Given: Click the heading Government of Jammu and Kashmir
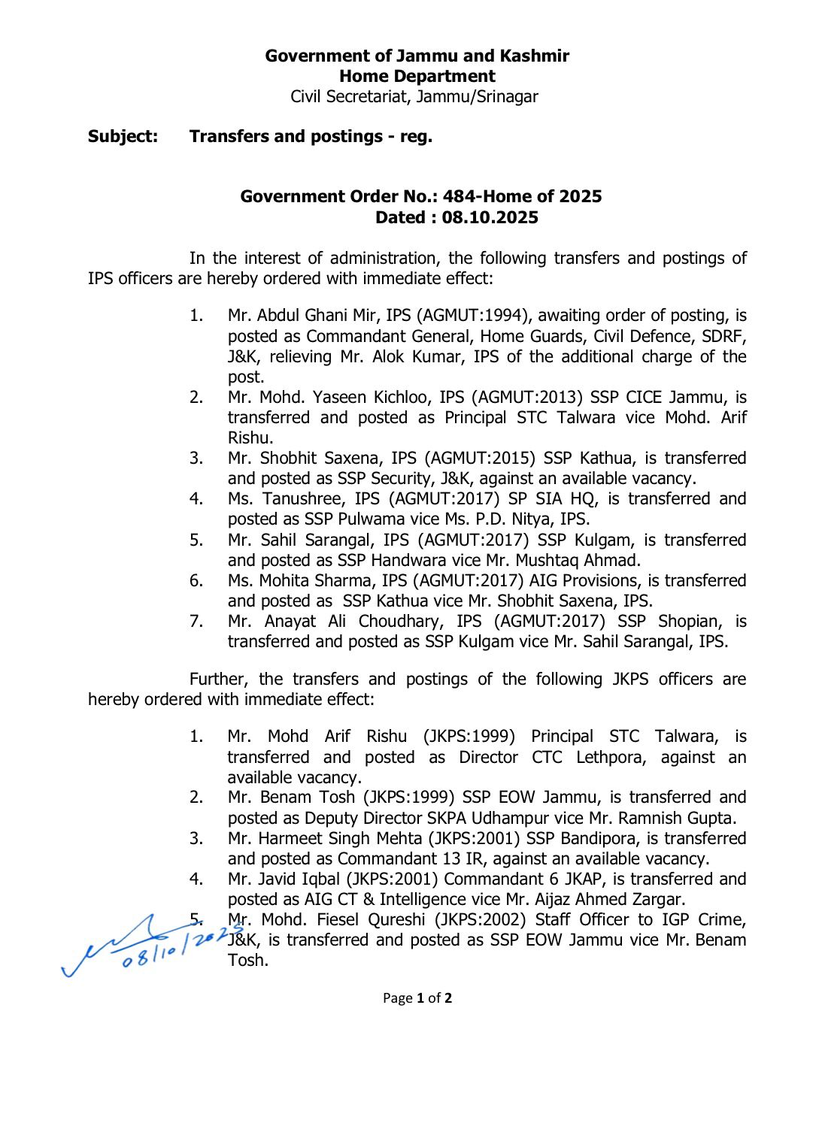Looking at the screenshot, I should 417,56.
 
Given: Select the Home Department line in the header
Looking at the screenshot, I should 417,76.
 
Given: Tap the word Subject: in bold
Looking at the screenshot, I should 123,136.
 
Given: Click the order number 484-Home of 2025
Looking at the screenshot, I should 522,196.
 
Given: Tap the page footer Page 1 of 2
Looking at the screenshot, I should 417,998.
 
